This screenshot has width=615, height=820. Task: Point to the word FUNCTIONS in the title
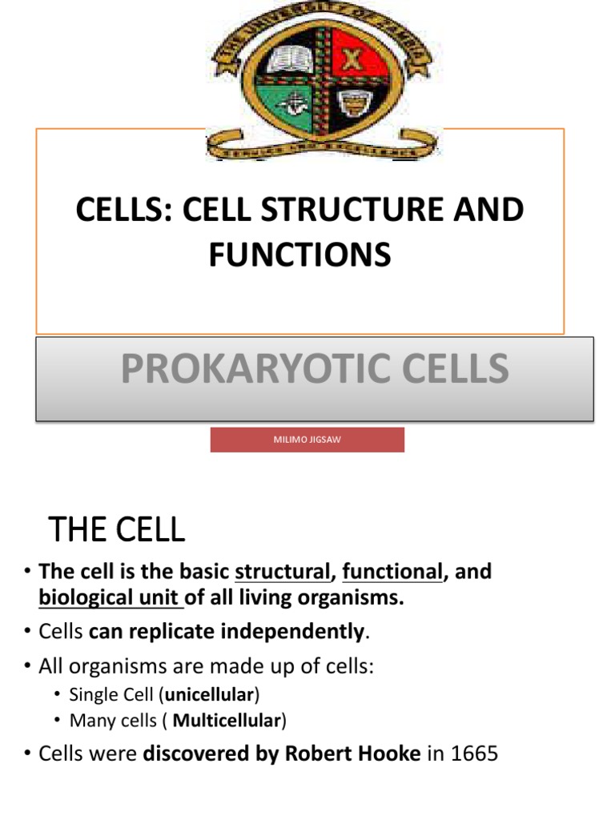300,255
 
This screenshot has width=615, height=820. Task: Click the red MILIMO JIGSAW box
307,440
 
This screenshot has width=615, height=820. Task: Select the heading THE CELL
117,529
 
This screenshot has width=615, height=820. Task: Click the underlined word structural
283,572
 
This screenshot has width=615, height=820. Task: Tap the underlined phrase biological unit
110,598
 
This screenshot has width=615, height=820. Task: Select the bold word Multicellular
227,721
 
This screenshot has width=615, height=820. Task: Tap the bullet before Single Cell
58,694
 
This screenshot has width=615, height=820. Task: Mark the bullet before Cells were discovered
26,754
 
